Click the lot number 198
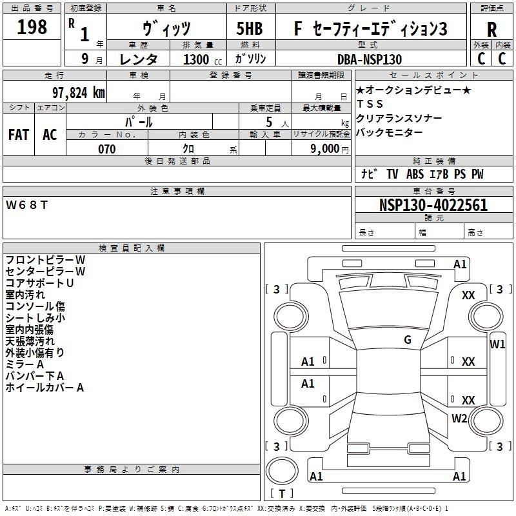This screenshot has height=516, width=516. pyautogui.click(x=32, y=27)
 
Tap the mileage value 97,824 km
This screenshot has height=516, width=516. pyautogui.click(x=79, y=93)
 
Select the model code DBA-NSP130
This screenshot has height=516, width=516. pyautogui.click(x=370, y=59)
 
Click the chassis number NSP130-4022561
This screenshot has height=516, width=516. pyautogui.click(x=433, y=205)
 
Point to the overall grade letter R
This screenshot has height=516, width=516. pyautogui.click(x=491, y=30)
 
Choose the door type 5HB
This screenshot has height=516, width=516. pyautogui.click(x=250, y=28)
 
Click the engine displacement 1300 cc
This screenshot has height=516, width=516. pyautogui.click(x=203, y=59)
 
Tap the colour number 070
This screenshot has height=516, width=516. pyautogui.click(x=107, y=149)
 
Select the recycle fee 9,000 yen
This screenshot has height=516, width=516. pyautogui.click(x=329, y=149)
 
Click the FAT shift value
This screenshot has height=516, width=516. pyautogui.click(x=19, y=135)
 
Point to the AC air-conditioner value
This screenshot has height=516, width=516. pyautogui.click(x=50, y=135)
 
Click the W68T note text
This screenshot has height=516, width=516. pyautogui.click(x=26, y=205)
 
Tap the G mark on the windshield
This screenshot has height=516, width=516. pyautogui.click(x=408, y=340)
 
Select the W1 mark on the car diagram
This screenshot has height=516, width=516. pyautogui.click(x=497, y=344)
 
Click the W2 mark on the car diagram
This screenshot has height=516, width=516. pyautogui.click(x=459, y=418)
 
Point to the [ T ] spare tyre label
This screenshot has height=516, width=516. pyautogui.click(x=282, y=493)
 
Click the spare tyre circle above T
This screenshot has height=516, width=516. pyautogui.click(x=282, y=471)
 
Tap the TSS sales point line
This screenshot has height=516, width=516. pyautogui.click(x=370, y=104)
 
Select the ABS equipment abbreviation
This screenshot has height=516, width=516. pyautogui.click(x=415, y=174)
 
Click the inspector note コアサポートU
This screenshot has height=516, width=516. pyautogui.click(x=39, y=283)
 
